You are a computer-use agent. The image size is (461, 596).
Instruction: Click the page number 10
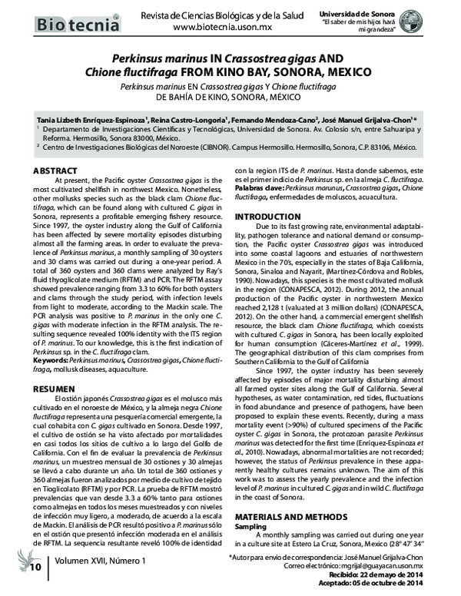[35, 568]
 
